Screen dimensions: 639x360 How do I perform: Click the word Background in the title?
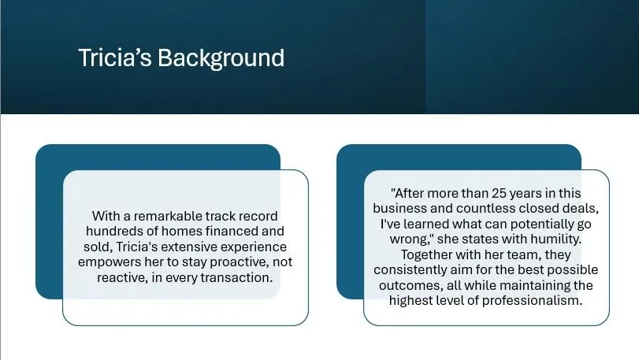[221, 58]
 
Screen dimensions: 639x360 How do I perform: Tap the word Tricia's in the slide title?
[114, 58]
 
